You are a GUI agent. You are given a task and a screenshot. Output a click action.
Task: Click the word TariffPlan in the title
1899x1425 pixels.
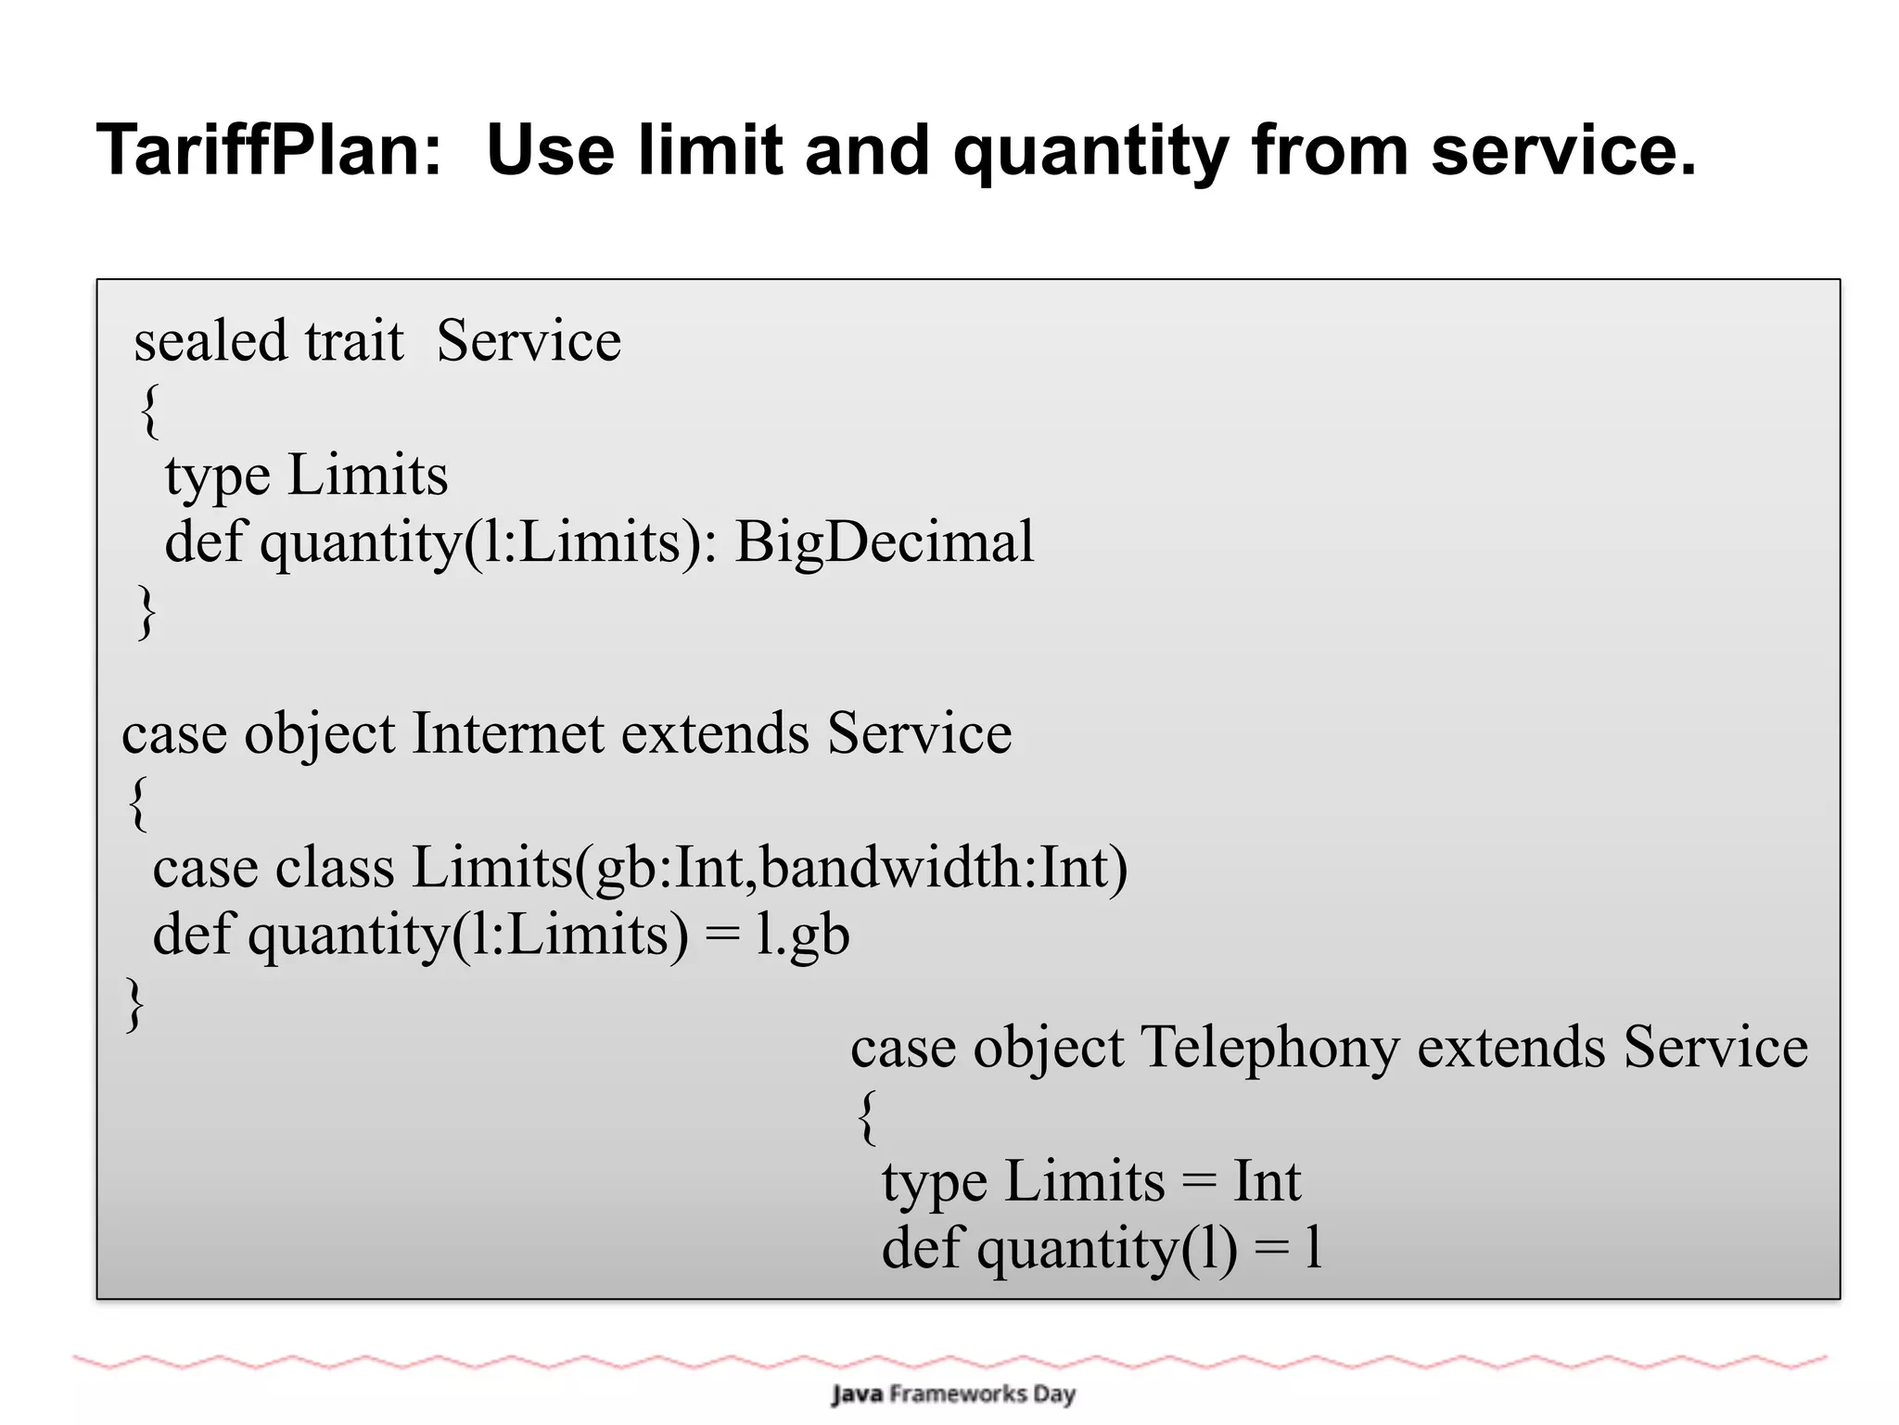click(269, 150)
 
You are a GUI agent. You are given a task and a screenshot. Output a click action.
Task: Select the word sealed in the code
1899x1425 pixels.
click(210, 340)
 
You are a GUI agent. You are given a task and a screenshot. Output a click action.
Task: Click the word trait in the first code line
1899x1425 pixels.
click(354, 340)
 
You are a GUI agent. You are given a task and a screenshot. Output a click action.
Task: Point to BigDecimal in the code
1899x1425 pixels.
click(884, 541)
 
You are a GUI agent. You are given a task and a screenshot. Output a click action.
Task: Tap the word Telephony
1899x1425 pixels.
click(1268, 1049)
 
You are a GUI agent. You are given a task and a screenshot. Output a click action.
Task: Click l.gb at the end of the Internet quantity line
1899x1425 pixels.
click(802, 935)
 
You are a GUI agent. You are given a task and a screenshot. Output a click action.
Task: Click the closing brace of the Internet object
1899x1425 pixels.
click(135, 1002)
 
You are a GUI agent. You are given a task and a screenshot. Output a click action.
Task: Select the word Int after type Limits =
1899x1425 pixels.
click(1267, 1182)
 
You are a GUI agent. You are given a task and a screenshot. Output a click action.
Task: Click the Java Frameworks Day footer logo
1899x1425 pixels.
click(953, 1393)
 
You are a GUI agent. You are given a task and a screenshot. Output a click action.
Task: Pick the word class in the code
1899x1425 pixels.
click(334, 868)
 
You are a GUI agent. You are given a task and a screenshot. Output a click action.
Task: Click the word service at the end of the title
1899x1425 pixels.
click(1563, 150)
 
